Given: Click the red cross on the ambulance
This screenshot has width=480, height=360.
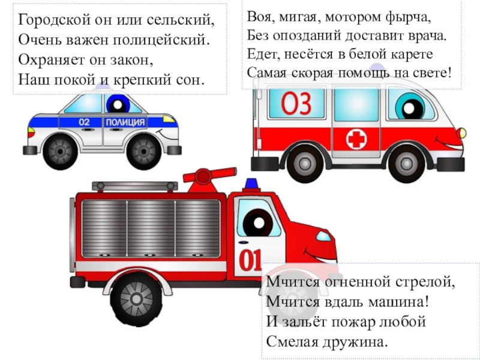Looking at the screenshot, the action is (x=356, y=139).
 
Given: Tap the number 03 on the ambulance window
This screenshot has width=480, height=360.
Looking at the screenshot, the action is (x=296, y=103).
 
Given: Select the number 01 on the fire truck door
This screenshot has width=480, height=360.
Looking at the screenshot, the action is (x=250, y=260).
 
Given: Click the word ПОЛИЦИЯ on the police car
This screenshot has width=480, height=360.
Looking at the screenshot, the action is (x=125, y=122).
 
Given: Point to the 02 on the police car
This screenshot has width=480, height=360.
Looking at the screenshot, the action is (x=84, y=122).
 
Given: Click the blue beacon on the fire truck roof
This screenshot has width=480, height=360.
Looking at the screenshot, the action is (x=251, y=184).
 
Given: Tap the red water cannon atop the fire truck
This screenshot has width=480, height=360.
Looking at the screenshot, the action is (x=208, y=179).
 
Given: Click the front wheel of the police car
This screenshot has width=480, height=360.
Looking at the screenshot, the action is (x=143, y=151).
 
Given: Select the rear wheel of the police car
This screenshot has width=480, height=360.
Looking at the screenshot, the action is (x=61, y=151).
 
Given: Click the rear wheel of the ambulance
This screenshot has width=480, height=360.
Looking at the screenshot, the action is (x=305, y=164).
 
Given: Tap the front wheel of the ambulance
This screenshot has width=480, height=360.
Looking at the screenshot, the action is (x=406, y=164).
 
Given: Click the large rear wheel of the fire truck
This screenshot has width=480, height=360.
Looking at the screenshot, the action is (x=136, y=299).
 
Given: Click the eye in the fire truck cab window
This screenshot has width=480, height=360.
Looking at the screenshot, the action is (x=258, y=223).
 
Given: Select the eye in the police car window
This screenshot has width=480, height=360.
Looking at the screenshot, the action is (x=118, y=104).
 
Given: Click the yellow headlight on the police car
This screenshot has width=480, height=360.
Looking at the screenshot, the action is (x=169, y=118).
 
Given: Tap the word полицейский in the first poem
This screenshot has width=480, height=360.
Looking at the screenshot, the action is (x=161, y=40).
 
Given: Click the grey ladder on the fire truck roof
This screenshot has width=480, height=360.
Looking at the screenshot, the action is (x=134, y=186).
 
